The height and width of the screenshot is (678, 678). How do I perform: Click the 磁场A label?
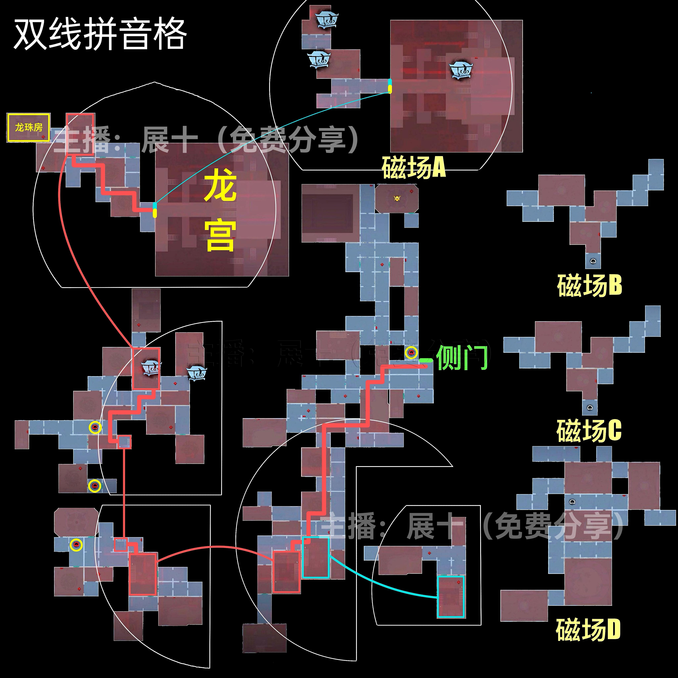tap(413, 167)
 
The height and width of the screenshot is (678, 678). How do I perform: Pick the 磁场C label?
tap(589, 431)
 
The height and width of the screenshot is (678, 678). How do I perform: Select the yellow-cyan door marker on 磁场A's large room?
tap(389, 86)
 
